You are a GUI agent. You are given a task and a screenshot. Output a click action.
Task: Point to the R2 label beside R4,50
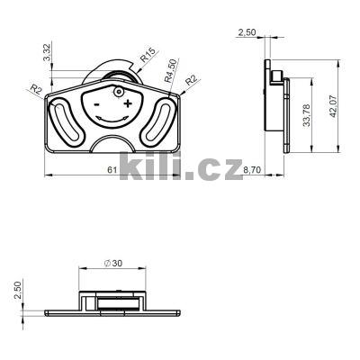click(x=192, y=81)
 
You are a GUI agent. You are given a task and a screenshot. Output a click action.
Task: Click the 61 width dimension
click(x=111, y=168)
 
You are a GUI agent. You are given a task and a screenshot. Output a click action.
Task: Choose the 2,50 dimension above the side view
click(x=247, y=32)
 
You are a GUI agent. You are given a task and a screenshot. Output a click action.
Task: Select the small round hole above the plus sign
click(x=117, y=93)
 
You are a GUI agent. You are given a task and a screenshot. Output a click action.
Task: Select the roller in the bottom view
click(x=117, y=305)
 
